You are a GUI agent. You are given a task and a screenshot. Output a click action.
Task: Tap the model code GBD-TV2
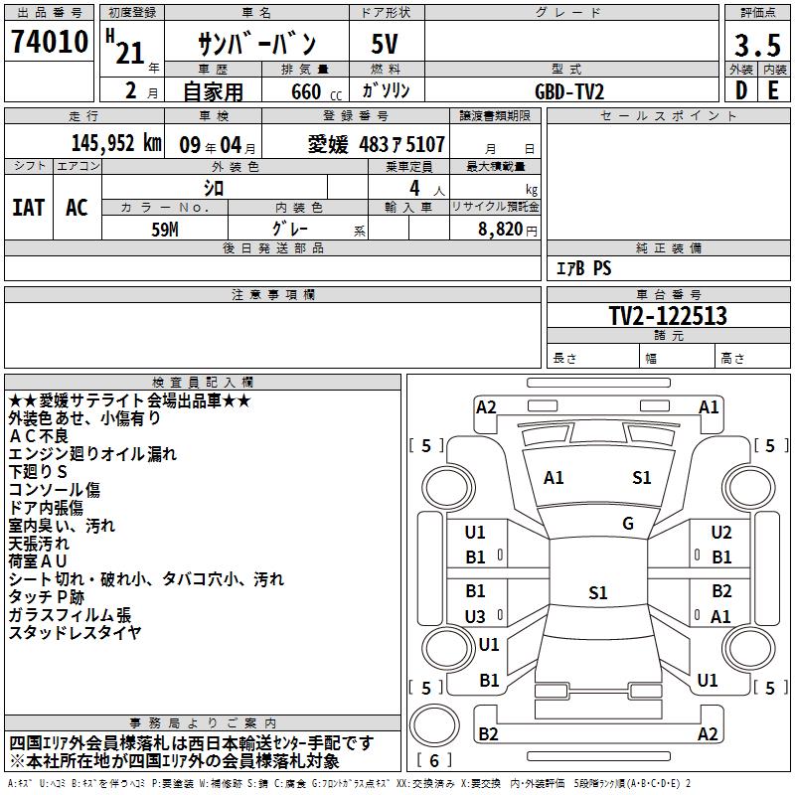point(569,90)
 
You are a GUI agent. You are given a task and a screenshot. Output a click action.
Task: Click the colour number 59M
point(164,229)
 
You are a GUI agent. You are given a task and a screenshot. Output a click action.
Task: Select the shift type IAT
point(28,207)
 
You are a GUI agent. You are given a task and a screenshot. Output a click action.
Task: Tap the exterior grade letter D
point(740,90)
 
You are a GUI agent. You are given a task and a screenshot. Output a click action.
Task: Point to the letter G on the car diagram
point(628,524)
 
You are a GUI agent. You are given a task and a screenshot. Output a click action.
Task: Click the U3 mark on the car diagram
point(476,616)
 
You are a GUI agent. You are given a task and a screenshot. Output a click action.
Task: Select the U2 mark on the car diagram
point(721,533)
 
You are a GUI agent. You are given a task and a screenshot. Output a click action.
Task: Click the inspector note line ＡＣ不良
point(39,436)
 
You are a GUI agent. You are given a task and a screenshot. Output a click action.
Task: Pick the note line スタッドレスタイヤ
point(75,633)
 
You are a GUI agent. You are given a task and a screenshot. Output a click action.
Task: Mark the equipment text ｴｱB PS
point(583,268)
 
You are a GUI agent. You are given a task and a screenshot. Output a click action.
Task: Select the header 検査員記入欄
point(203,383)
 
